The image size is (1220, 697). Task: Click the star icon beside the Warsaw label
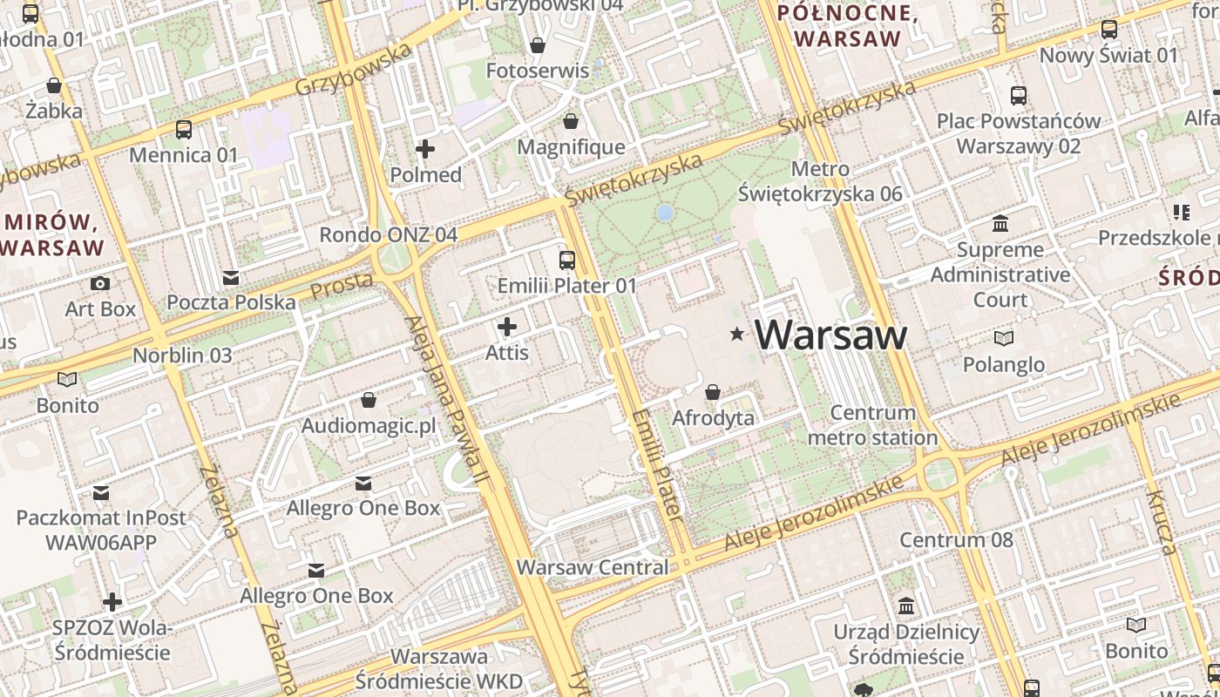point(738,334)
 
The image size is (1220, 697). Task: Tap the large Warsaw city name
point(830,335)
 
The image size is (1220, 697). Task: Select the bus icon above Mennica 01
point(184,130)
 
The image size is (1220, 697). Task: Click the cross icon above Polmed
point(425,149)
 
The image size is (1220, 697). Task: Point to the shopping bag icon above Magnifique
point(571,121)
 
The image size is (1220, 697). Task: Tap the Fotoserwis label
point(537,71)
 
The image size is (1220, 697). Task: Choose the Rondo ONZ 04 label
point(388,234)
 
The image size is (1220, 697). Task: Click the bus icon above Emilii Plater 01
point(567,260)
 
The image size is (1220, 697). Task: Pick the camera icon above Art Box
point(100,283)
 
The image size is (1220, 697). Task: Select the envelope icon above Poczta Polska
point(231,277)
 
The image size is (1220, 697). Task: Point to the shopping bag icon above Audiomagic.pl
point(369,400)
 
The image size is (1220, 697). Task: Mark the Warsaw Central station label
point(593,567)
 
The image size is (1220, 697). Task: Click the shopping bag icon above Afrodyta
point(713,393)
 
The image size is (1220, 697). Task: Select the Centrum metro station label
point(872,424)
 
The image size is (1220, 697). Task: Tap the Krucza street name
point(1162,523)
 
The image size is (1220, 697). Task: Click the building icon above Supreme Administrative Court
point(1000,224)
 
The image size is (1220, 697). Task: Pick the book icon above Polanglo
point(1004,338)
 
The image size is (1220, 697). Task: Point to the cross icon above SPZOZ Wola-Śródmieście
point(112,602)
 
